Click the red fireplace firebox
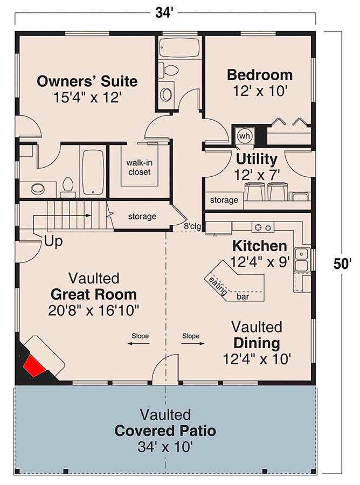[x=34, y=365]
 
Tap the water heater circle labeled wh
[x=245, y=135]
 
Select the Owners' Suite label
[x=87, y=81]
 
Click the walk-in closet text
[x=139, y=168]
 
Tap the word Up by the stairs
[x=53, y=241]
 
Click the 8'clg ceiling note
[x=192, y=226]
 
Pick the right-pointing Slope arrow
[x=193, y=343]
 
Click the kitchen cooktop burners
[x=263, y=227]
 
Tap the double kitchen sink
[x=301, y=259]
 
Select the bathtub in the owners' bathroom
[x=93, y=173]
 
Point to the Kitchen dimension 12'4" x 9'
[x=260, y=262]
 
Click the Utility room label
[x=257, y=159]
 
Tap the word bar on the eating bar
[x=243, y=296]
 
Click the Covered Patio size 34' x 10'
[x=165, y=447]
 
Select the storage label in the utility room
[x=224, y=200]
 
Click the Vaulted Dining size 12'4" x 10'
[x=257, y=359]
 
